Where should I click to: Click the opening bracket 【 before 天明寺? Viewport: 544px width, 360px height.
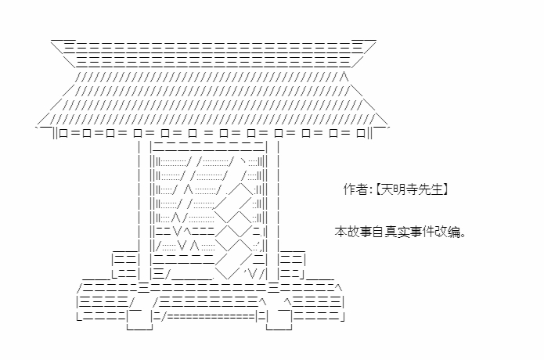(x=379, y=190)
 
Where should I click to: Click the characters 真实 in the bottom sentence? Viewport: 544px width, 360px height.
(x=397, y=232)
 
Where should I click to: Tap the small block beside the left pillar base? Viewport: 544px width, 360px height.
(x=126, y=265)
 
